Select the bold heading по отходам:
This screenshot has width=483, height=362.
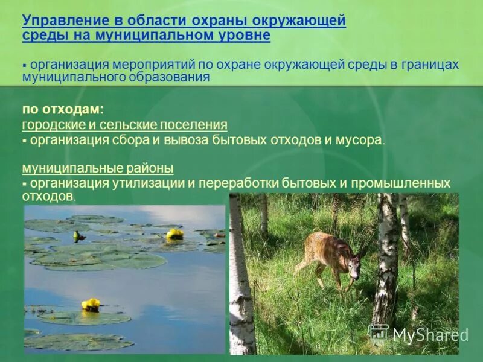point(63,109)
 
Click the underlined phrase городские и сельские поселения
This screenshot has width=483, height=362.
point(124,125)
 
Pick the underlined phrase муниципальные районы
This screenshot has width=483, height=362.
point(98,168)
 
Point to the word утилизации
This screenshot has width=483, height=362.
point(156,183)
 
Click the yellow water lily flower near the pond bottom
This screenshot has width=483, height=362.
point(91,305)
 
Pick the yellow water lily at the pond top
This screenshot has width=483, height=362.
point(174,233)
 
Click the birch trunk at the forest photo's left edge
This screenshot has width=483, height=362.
point(240,284)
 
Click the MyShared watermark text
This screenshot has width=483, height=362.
point(430,335)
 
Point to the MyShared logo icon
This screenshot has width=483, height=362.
point(379,334)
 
